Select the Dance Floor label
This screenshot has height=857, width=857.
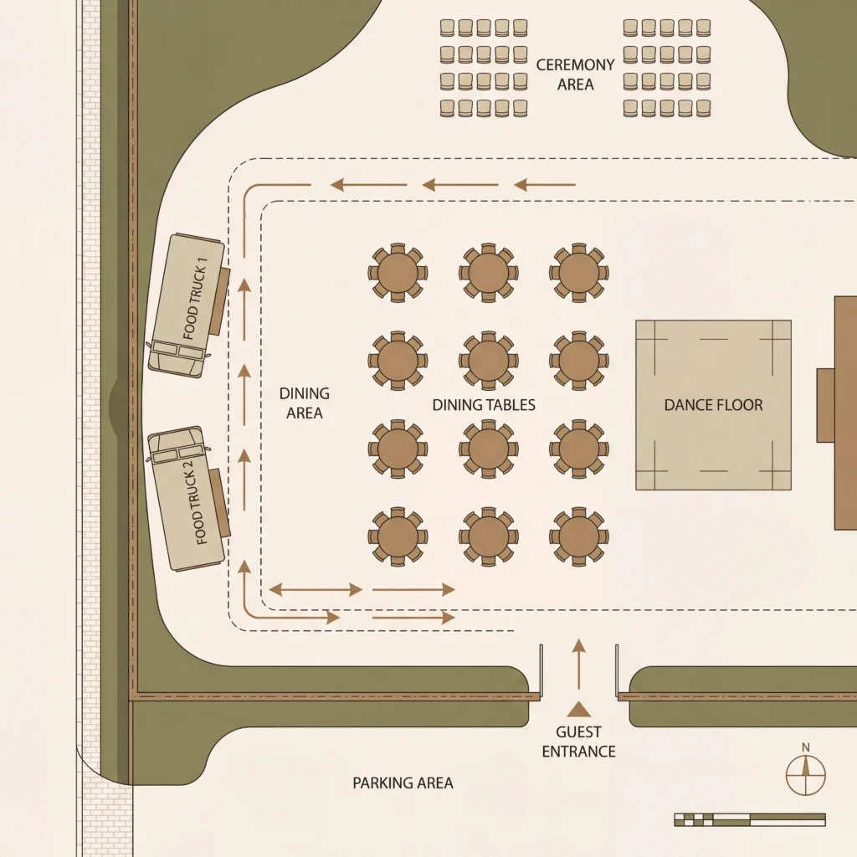click(713, 405)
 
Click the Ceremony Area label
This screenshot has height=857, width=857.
click(576, 74)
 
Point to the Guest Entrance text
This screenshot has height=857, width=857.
click(578, 742)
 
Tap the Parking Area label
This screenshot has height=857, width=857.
click(403, 783)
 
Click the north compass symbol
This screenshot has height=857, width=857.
click(806, 775)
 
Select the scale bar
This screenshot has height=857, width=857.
click(749, 819)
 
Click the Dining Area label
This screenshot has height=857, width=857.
click(304, 403)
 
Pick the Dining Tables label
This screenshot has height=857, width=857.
click(484, 405)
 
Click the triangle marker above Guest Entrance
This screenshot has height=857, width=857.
click(578, 710)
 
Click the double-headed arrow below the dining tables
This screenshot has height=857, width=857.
click(316, 590)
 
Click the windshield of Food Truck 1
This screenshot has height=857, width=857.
click(177, 351)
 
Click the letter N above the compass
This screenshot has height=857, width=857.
click(806, 747)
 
